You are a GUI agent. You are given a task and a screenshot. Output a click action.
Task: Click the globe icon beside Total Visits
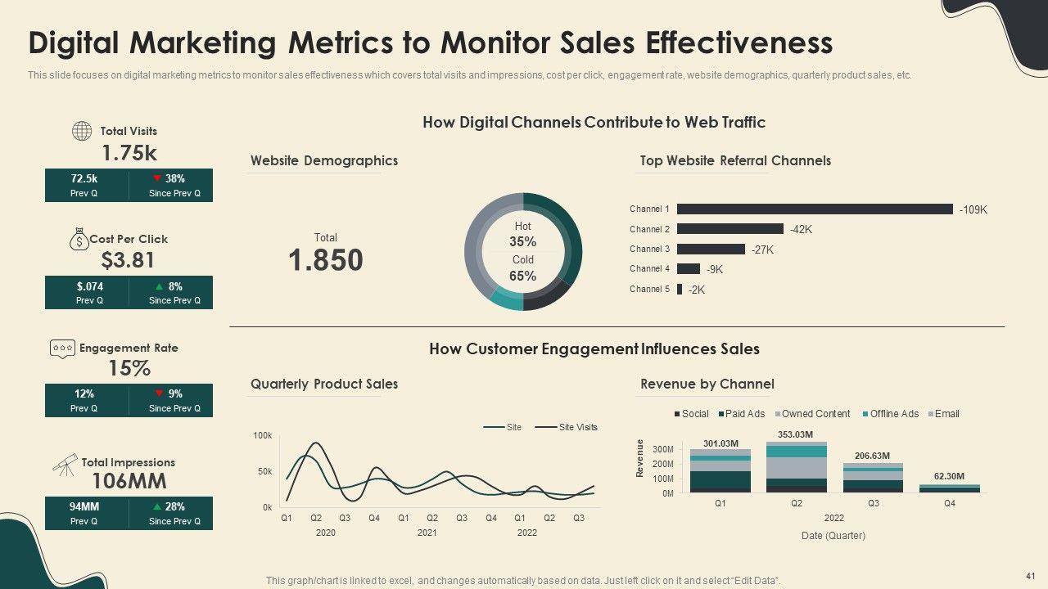pyautogui.click(x=82, y=131)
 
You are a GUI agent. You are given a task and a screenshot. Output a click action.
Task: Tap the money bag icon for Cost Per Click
pyautogui.click(x=79, y=239)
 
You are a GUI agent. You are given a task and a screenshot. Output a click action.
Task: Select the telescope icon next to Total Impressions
pyautogui.click(x=65, y=464)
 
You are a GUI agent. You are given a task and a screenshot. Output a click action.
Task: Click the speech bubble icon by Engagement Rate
pyautogui.click(x=62, y=348)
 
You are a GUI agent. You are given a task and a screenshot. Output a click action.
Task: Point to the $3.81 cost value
pyautogui.click(x=128, y=260)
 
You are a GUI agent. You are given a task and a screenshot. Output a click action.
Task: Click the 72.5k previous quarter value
pyautogui.click(x=84, y=178)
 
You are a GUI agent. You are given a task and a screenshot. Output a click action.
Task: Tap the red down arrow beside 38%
pyautogui.click(x=156, y=178)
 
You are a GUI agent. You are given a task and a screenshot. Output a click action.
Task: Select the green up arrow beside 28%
pyautogui.click(x=156, y=506)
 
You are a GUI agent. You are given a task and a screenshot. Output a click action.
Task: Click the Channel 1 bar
pyautogui.click(x=815, y=209)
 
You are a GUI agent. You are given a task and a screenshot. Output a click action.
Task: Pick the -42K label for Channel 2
pyautogui.click(x=802, y=230)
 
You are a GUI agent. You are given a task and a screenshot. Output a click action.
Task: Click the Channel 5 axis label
pyautogui.click(x=649, y=289)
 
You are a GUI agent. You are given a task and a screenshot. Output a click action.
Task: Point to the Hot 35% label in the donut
pyautogui.click(x=522, y=234)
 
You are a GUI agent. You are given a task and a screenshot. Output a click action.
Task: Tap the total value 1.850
pyautogui.click(x=325, y=260)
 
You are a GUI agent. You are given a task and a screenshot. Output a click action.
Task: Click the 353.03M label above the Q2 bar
pyautogui.click(x=796, y=434)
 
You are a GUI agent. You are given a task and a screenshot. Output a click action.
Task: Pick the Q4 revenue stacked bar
pyautogui.click(x=949, y=488)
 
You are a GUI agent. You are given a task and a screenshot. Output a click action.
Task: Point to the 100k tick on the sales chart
pyautogui.click(x=262, y=436)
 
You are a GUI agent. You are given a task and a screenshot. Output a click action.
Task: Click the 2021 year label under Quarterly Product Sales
pyautogui.click(x=427, y=533)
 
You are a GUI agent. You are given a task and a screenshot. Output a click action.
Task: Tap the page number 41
pyautogui.click(x=1030, y=576)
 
